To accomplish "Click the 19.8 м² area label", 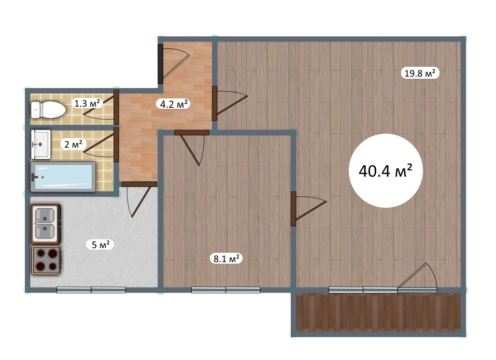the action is click(420, 74).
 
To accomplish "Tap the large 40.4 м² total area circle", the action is click(386, 170).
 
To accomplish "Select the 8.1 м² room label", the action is click(226, 258).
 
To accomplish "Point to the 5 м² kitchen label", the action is click(101, 244).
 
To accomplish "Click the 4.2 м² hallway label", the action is click(173, 104).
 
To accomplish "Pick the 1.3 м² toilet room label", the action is click(87, 103).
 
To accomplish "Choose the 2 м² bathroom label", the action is click(74, 144).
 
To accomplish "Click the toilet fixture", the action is click(48, 110).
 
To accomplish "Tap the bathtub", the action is click(63, 177).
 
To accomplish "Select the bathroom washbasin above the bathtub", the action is click(41, 145).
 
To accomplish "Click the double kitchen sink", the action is click(46, 223).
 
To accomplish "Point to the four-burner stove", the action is click(46, 260).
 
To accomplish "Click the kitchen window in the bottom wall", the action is click(91, 290).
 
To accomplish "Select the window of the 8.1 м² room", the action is click(226, 290).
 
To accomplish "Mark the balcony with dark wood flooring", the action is click(379, 312).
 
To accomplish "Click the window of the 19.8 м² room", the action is click(363, 290).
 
